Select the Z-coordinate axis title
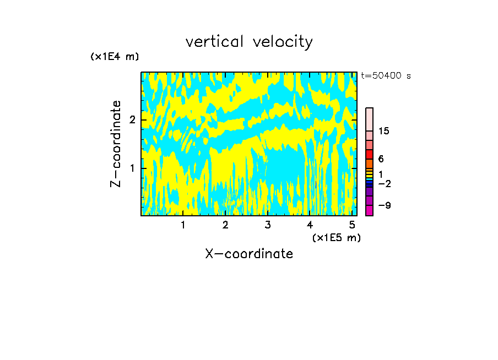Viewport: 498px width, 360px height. click(116, 144)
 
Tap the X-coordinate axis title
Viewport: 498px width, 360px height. click(249, 254)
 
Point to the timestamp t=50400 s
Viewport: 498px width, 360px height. click(386, 76)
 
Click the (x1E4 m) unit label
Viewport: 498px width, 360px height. click(115, 56)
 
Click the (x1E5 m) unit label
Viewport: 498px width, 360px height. click(336, 237)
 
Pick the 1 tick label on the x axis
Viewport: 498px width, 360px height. click(183, 225)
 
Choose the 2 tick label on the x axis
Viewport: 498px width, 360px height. click(225, 225)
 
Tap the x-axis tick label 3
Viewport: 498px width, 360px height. click(268, 225)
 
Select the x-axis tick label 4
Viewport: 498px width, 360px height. click(310, 225)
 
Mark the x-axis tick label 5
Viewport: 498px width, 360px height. click(352, 225)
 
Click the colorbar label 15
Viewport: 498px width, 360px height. click(383, 131)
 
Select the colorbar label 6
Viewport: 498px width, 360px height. click(381, 159)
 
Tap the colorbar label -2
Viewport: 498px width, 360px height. click(384, 183)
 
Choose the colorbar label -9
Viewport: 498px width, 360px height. click(384, 205)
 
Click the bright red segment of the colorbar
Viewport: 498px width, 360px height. click(369, 154)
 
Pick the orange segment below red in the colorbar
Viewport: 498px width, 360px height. click(369, 163)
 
